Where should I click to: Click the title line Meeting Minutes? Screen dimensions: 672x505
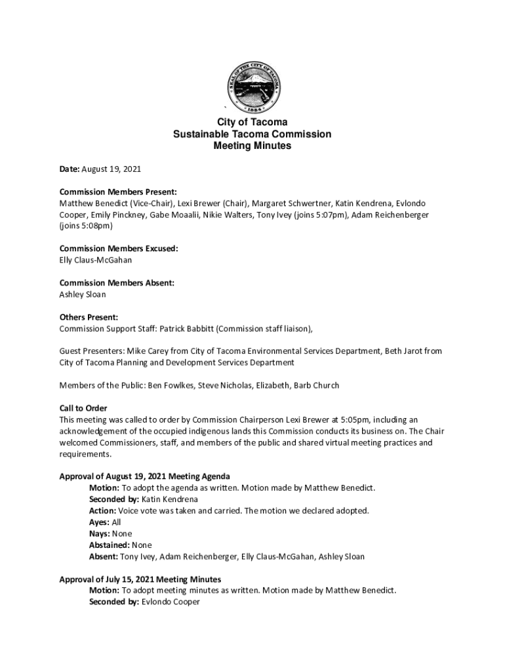pos(253,146)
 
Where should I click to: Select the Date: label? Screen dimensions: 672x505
pos(70,169)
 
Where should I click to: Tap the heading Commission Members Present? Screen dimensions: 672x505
pos(118,192)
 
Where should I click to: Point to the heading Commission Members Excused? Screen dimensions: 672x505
pos(119,249)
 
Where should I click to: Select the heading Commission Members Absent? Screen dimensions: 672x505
pos(117,283)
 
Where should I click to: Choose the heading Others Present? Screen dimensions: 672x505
pos(89,317)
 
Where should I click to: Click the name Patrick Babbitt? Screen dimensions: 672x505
pos(185,328)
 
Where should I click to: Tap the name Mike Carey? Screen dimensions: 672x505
pos(146,351)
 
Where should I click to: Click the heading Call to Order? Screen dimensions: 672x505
pos(83,408)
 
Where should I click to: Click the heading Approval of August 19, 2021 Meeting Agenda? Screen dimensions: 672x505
pos(144,476)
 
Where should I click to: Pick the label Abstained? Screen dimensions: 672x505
pos(109,545)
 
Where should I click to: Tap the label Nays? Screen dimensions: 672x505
pos(100,534)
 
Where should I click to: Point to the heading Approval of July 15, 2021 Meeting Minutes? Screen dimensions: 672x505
pos(140,579)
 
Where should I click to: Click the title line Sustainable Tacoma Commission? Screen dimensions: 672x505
pos(253,135)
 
